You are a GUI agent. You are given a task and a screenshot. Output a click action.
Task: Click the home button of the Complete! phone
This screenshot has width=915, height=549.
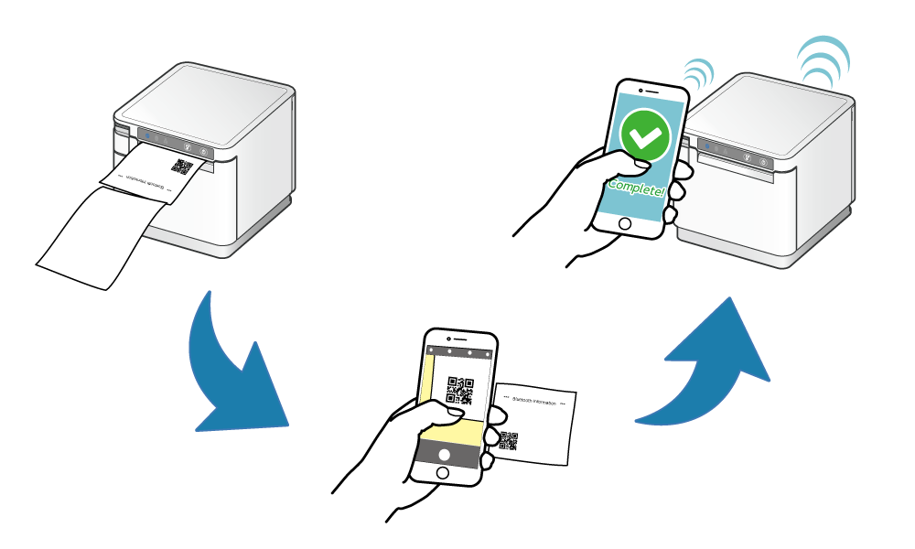(625, 223)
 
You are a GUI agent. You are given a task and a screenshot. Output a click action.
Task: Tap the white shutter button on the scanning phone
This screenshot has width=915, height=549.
(446, 454)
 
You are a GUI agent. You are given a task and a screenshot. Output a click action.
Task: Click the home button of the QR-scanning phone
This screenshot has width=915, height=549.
(443, 472)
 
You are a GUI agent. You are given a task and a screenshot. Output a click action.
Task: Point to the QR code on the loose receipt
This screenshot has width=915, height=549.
(509, 440)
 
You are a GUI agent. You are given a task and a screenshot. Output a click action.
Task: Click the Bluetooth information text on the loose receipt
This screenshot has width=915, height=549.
(535, 400)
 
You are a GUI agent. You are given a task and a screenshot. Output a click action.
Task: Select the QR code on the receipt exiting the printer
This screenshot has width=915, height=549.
(182, 167)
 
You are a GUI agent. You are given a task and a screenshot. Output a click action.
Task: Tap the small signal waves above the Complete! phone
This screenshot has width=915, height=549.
(698, 73)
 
